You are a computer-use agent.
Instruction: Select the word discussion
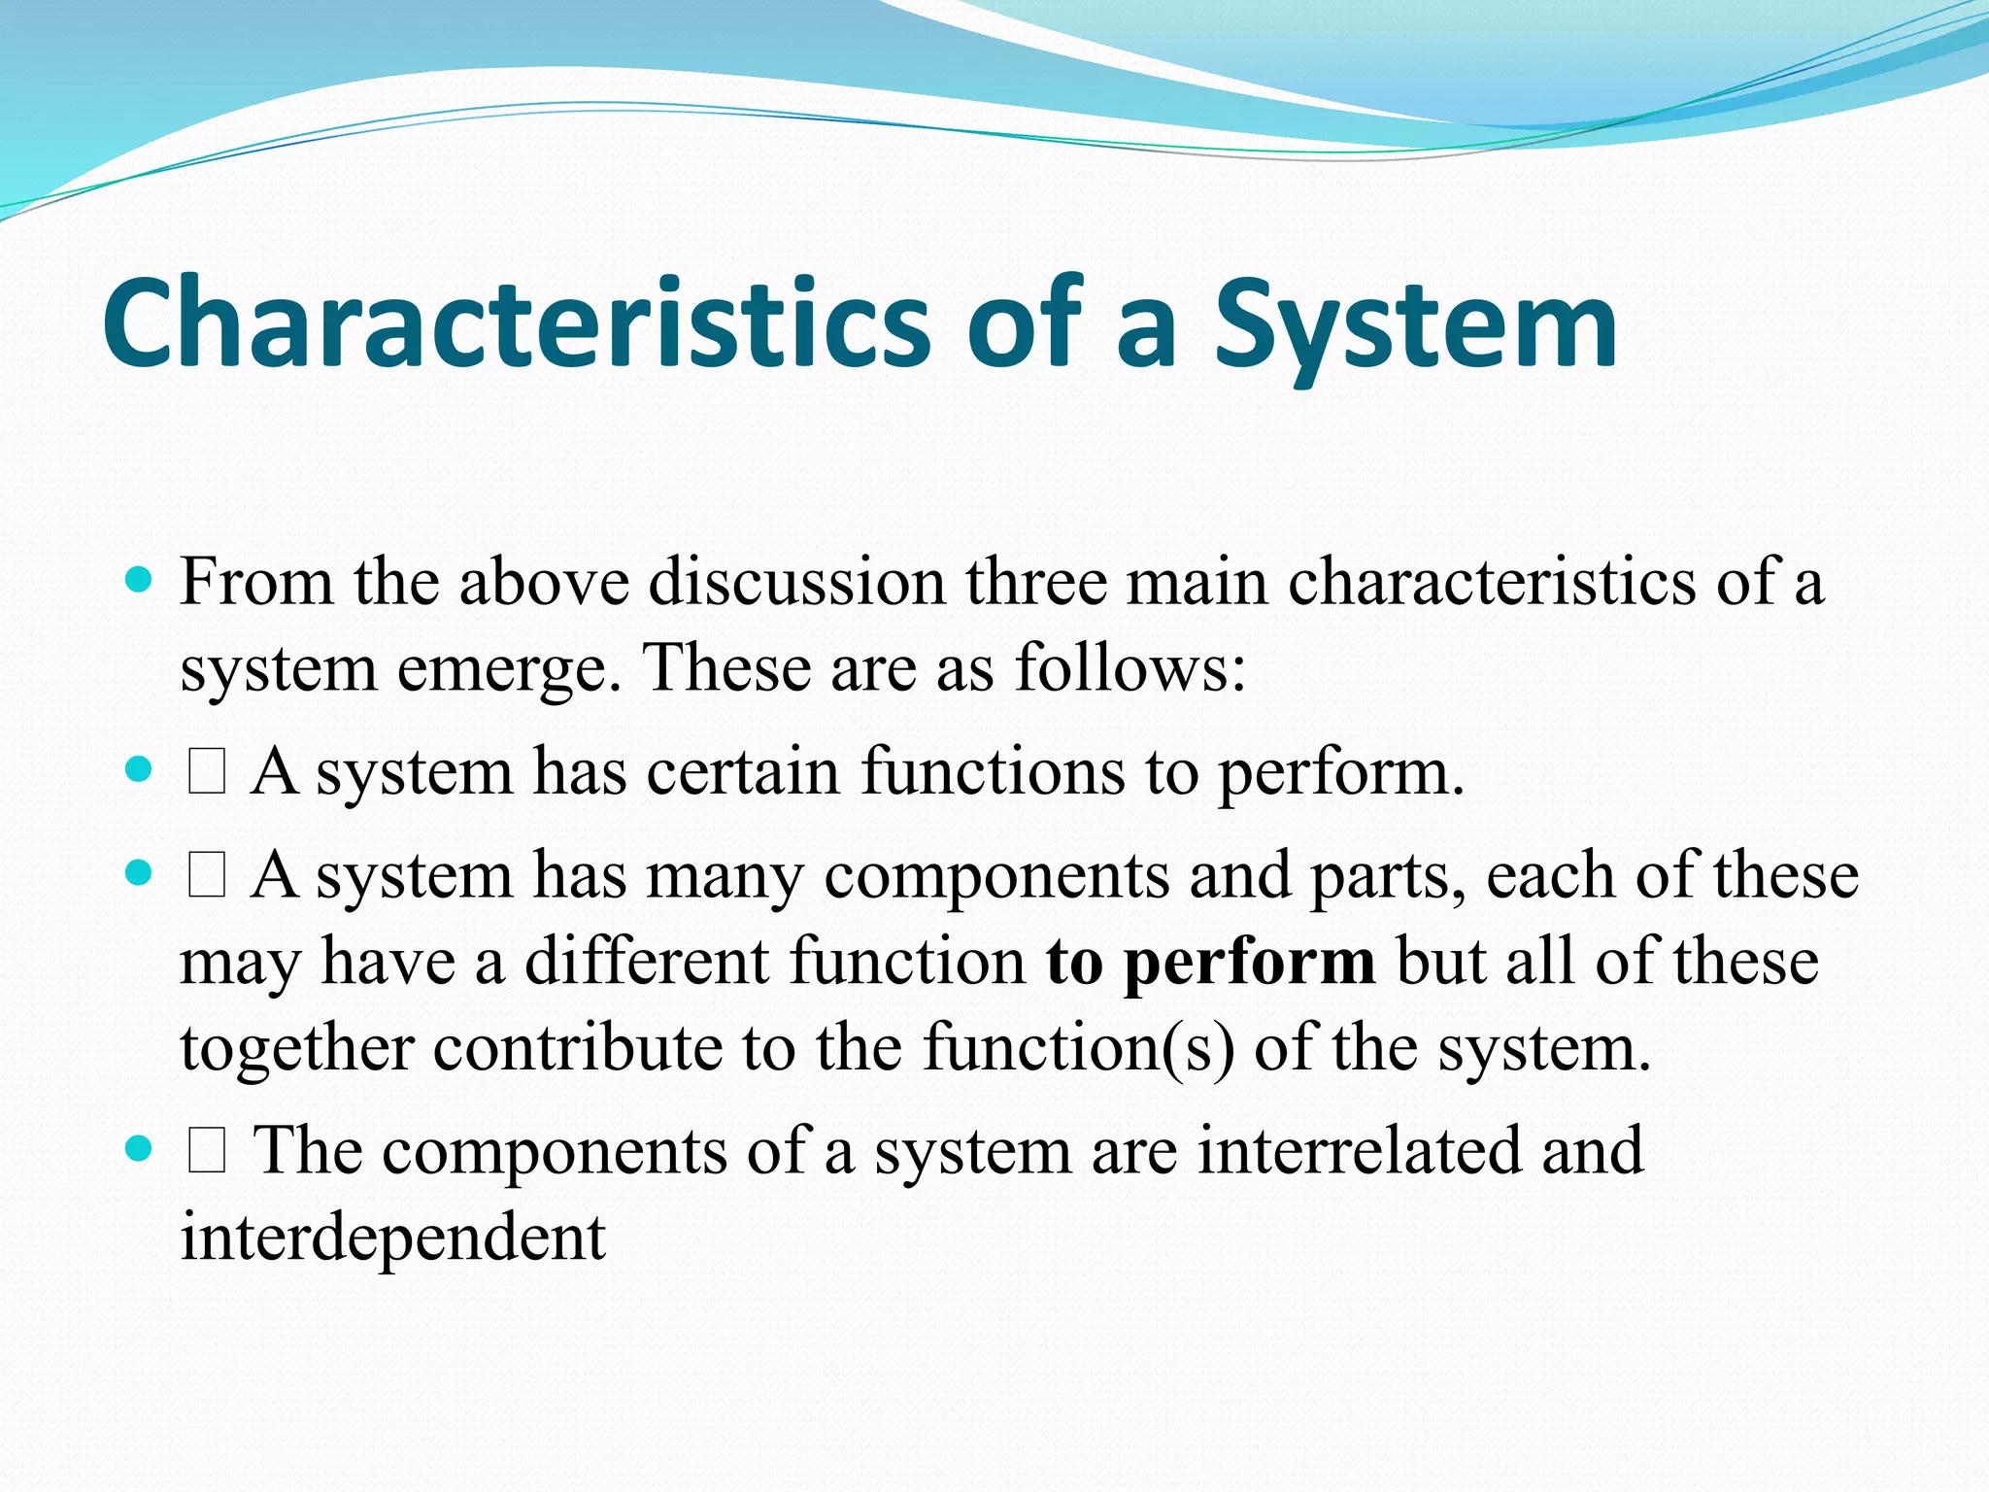(796, 583)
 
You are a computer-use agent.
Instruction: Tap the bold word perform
(1249, 962)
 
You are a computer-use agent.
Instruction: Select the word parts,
(1389, 877)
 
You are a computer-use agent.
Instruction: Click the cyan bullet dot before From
(140, 581)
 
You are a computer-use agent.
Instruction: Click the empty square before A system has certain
(207, 774)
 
